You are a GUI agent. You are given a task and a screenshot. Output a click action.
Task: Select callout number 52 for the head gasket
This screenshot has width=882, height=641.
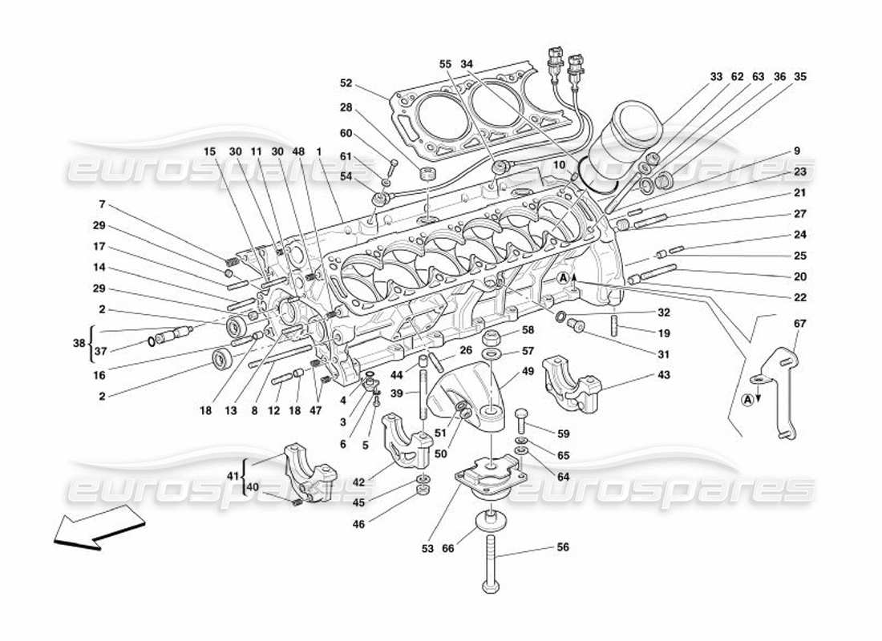pyautogui.click(x=346, y=83)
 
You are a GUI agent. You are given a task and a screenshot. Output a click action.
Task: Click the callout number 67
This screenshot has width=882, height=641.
pyautogui.click(x=799, y=324)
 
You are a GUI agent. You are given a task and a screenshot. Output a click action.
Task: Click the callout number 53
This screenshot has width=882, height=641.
pyautogui.click(x=427, y=549)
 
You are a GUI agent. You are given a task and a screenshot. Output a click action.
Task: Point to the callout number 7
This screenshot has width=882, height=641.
pyautogui.click(x=101, y=205)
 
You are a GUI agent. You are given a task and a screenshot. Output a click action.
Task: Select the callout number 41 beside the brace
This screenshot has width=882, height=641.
pyautogui.click(x=233, y=476)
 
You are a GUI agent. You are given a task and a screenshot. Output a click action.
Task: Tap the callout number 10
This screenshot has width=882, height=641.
pyautogui.click(x=560, y=164)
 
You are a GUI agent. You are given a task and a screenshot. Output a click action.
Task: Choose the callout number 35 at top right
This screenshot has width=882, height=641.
pyautogui.click(x=799, y=77)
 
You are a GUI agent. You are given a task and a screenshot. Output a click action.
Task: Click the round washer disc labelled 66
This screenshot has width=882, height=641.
pyautogui.click(x=488, y=522)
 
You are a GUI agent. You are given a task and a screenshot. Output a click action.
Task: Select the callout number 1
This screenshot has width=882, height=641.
pyautogui.click(x=318, y=151)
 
